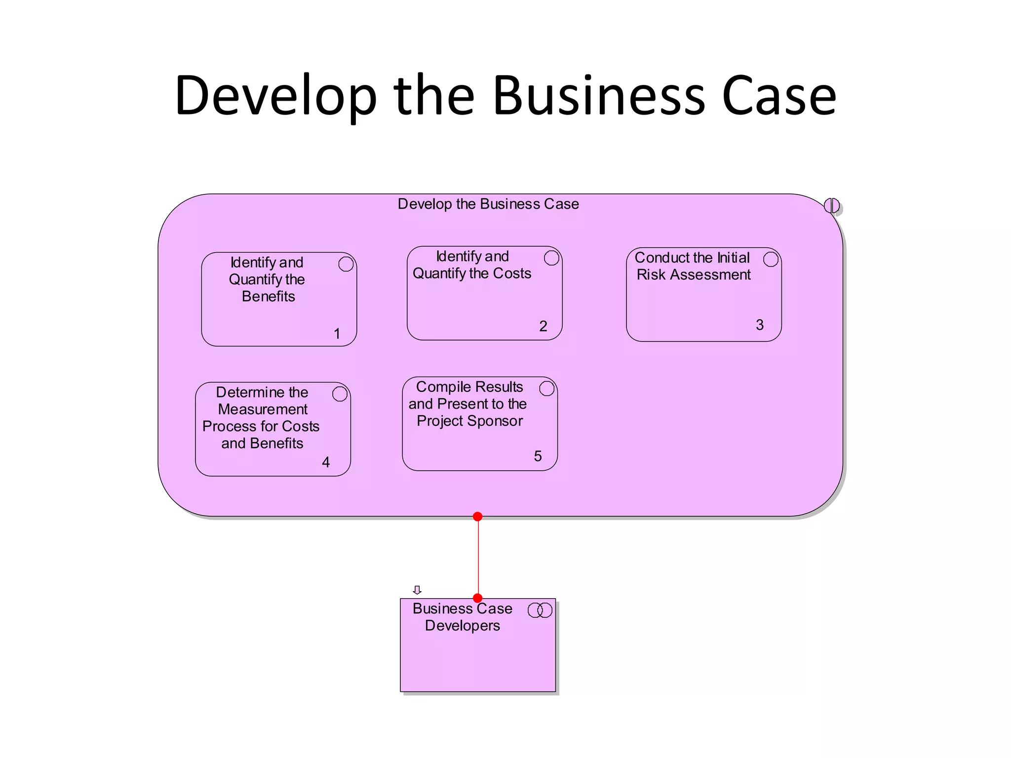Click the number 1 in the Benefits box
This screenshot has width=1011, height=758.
pyautogui.click(x=337, y=334)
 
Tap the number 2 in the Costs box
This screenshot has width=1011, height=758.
pyautogui.click(x=543, y=326)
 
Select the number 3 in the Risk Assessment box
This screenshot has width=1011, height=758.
pyautogui.click(x=760, y=325)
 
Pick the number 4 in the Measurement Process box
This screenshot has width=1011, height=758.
pyautogui.click(x=326, y=462)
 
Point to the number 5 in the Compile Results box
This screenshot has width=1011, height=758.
pyautogui.click(x=538, y=456)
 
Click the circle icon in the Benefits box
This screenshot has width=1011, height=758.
pyautogui.click(x=346, y=264)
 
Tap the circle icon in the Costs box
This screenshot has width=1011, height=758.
pyautogui.click(x=551, y=258)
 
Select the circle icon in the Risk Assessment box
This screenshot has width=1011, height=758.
pyautogui.click(x=771, y=260)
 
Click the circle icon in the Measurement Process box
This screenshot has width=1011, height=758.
pyautogui.click(x=340, y=394)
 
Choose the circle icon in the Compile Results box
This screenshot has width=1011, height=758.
pyautogui.click(x=546, y=388)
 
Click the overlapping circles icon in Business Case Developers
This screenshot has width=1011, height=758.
pyautogui.click(x=540, y=610)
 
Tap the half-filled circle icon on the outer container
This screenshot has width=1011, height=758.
pyautogui.click(x=832, y=205)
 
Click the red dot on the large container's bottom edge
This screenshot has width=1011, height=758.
pyautogui.click(x=477, y=517)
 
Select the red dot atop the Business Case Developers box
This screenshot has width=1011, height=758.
pyautogui.click(x=477, y=598)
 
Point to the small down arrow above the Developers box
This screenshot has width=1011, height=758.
pyautogui.click(x=417, y=590)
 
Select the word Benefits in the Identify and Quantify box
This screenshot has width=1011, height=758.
pyautogui.click(x=269, y=297)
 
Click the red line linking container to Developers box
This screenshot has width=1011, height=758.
pyautogui.click(x=478, y=558)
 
